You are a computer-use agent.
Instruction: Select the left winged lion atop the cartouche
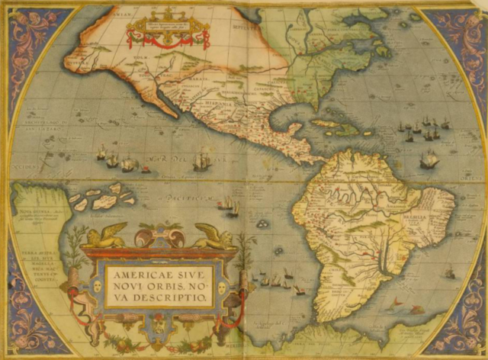tap(104, 236)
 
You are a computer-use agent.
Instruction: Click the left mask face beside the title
tap(97, 287)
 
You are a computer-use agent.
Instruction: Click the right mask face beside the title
tap(222, 288)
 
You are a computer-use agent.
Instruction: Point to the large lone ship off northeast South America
tap(429, 159)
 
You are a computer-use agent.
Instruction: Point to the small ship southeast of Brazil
tap(449, 270)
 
